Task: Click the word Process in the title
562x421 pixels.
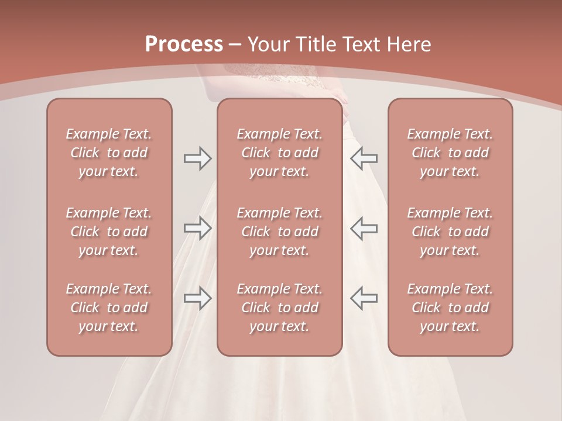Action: point(184,44)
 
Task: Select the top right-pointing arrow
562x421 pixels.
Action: point(197,158)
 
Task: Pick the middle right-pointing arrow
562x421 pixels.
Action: point(197,228)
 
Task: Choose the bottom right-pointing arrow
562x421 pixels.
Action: point(197,298)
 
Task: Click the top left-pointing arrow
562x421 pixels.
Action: point(364,158)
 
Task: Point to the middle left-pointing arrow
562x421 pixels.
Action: point(364,228)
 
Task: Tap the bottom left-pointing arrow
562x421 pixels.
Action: point(364,298)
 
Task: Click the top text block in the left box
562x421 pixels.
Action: point(109,153)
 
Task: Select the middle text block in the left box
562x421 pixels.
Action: point(109,232)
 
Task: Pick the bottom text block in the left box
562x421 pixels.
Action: point(109,308)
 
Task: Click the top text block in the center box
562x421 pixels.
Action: point(280,153)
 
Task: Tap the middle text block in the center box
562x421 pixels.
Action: point(280,232)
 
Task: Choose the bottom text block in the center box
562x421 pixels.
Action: point(280,308)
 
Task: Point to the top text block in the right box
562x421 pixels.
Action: point(450,153)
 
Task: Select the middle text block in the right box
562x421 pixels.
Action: point(450,232)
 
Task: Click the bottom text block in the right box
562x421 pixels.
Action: point(450,308)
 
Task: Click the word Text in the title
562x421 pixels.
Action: point(361,44)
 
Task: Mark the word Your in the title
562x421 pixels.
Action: point(268,44)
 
